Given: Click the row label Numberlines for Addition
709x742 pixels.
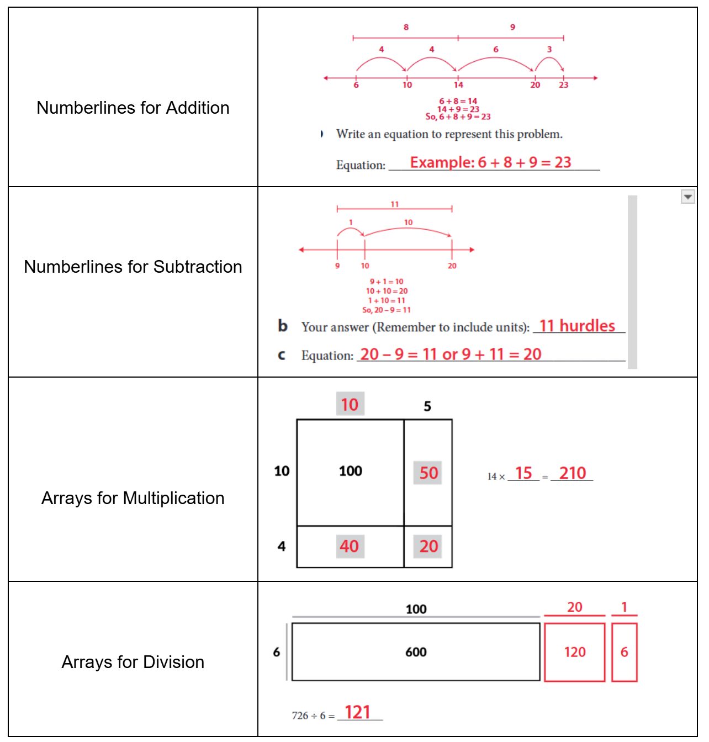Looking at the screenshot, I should [x=133, y=108].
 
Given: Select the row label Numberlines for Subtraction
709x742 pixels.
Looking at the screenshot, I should [x=133, y=267].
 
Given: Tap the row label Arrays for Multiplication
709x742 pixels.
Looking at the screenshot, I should [x=133, y=498].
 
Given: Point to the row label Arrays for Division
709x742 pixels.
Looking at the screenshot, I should [x=133, y=662].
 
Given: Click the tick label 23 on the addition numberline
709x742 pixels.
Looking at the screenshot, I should [x=563, y=85].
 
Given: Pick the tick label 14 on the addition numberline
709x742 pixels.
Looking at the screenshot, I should [x=458, y=85].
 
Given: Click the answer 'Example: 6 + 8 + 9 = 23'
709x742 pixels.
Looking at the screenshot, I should [x=490, y=162].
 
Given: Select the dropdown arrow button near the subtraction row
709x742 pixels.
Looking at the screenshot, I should [x=687, y=197].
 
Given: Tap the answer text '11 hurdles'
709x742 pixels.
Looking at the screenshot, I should [x=577, y=326].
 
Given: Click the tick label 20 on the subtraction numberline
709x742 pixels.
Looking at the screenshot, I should [x=452, y=266].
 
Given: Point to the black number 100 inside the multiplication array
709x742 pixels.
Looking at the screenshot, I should [x=350, y=471].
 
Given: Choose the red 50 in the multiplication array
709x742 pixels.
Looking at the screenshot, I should [x=428, y=473].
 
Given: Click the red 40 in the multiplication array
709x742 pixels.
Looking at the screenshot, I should [x=349, y=547].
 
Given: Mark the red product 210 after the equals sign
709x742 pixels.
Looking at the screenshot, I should [x=572, y=473].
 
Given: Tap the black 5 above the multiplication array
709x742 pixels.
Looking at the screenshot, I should [x=427, y=407].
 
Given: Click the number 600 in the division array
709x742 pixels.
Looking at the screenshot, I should [x=416, y=652].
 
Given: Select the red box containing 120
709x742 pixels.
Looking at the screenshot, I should [x=574, y=652].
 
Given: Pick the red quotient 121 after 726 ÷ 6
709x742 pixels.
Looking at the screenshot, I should [x=357, y=712].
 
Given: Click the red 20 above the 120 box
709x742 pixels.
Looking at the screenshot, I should [x=574, y=607].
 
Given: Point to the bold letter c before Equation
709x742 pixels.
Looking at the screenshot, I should [x=282, y=355].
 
